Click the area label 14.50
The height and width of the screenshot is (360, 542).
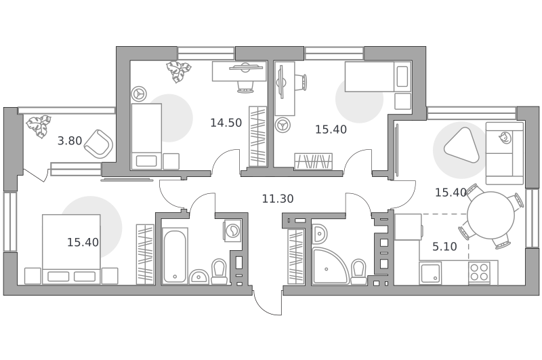[x=226, y=123]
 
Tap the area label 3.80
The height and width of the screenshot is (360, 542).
[x=70, y=141]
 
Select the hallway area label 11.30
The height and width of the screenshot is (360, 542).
[x=278, y=199]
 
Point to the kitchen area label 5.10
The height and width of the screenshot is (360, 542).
[x=444, y=247]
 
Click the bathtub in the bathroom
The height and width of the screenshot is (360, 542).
[x=175, y=256]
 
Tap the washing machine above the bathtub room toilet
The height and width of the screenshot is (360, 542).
[x=232, y=231]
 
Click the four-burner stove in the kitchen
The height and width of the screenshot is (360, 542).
[x=479, y=272]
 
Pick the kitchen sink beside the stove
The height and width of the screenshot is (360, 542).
[x=430, y=273]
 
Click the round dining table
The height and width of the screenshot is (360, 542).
[x=491, y=215]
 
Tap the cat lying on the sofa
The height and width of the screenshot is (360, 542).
[x=504, y=138]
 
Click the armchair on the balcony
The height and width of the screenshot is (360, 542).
[x=99, y=145]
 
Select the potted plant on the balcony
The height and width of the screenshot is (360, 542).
[x=39, y=126]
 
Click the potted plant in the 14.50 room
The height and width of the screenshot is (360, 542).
[x=178, y=72]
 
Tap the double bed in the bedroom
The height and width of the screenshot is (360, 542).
[x=71, y=249]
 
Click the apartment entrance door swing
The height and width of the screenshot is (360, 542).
[x=267, y=304]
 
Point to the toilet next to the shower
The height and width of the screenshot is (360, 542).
[x=358, y=272]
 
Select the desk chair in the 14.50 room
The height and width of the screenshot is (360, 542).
[x=245, y=86]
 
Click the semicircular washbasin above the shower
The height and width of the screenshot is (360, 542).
[x=318, y=234]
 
